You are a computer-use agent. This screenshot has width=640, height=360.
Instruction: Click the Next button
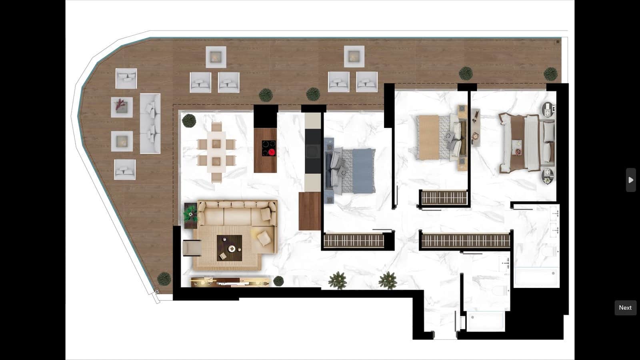(x=625, y=308)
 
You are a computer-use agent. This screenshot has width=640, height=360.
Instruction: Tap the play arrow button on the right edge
(x=631, y=180)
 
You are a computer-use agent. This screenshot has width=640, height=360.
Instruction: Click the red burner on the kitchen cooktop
(x=272, y=152)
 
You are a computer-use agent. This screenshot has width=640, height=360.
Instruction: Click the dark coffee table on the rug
(x=230, y=248)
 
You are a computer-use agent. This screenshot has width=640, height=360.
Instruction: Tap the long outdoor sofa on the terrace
(x=150, y=124)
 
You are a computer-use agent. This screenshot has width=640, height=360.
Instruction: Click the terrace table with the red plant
(x=122, y=107)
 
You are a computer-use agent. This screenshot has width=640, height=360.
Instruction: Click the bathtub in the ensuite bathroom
(x=536, y=277)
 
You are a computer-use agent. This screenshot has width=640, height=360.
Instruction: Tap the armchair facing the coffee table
(x=192, y=248)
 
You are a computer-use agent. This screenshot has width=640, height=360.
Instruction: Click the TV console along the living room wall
(x=230, y=282)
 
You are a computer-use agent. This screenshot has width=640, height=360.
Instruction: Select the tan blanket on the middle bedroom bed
(x=428, y=137)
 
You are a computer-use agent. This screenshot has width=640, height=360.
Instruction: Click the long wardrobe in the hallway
(x=465, y=241)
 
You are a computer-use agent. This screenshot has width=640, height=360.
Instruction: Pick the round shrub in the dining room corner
(x=189, y=120)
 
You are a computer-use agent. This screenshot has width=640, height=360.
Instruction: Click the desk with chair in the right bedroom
(x=475, y=127)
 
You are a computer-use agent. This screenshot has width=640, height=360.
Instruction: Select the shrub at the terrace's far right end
(x=550, y=74)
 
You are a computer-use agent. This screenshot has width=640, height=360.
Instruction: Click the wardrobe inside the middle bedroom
(x=444, y=197)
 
